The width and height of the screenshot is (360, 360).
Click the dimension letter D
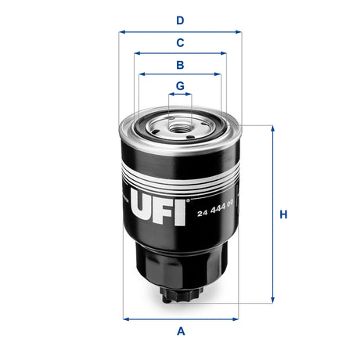pyautogui.click(x=180, y=20)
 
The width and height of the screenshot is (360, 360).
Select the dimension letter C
pyautogui.click(x=180, y=42)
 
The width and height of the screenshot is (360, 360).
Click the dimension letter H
pyautogui.click(x=284, y=214)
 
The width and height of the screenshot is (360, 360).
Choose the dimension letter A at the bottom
pyautogui.click(x=181, y=331)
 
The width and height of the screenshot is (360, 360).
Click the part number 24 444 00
pyautogui.click(x=215, y=213)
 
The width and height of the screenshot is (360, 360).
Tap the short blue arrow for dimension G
pyautogui.click(x=180, y=94)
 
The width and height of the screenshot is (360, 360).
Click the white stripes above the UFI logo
pyautogui.click(x=181, y=173)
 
